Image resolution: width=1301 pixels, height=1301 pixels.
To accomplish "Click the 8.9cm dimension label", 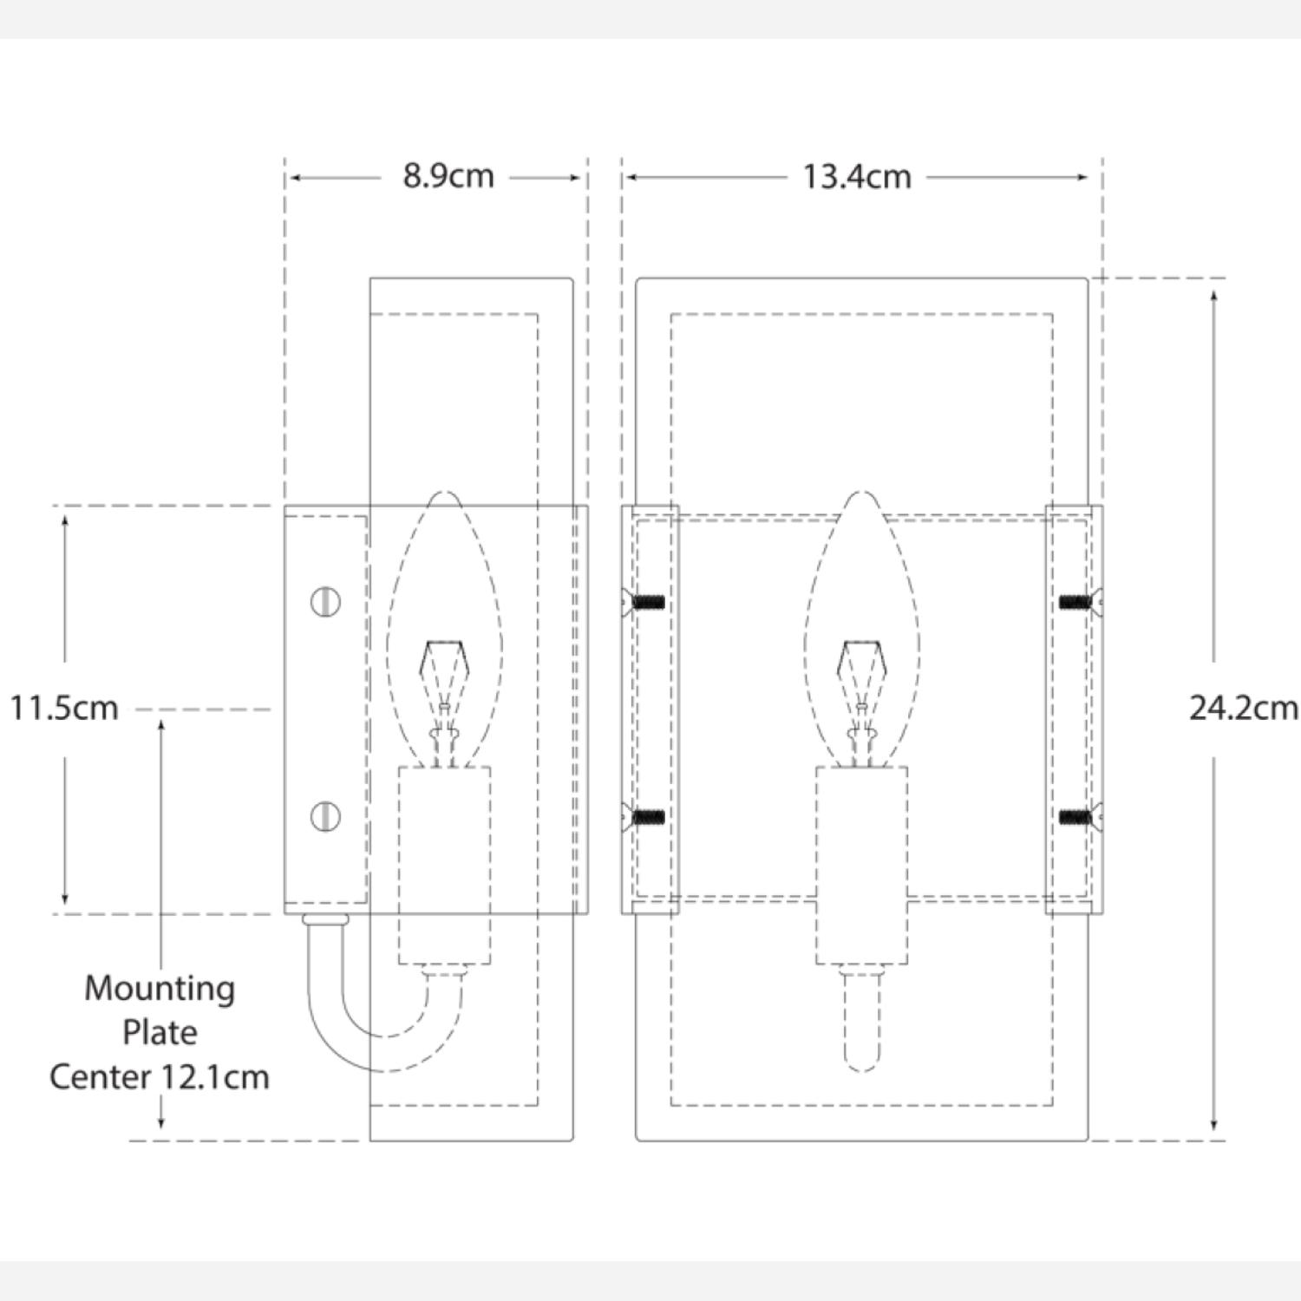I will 448,176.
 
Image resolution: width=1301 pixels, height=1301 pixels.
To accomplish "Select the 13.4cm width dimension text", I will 856,177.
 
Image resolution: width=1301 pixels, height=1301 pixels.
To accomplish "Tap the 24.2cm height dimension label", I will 1242,708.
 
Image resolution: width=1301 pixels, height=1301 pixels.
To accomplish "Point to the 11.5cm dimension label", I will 64,708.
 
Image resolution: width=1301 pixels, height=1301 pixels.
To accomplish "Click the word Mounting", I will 160,988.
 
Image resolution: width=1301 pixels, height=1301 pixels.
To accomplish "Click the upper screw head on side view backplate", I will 325,601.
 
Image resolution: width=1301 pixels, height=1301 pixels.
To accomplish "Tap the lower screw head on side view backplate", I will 325,816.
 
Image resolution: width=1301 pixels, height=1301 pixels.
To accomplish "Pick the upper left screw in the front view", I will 645,601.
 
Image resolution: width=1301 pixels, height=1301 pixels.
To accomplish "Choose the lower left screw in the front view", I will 645,816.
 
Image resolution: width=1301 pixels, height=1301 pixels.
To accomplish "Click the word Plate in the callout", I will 160,1032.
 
